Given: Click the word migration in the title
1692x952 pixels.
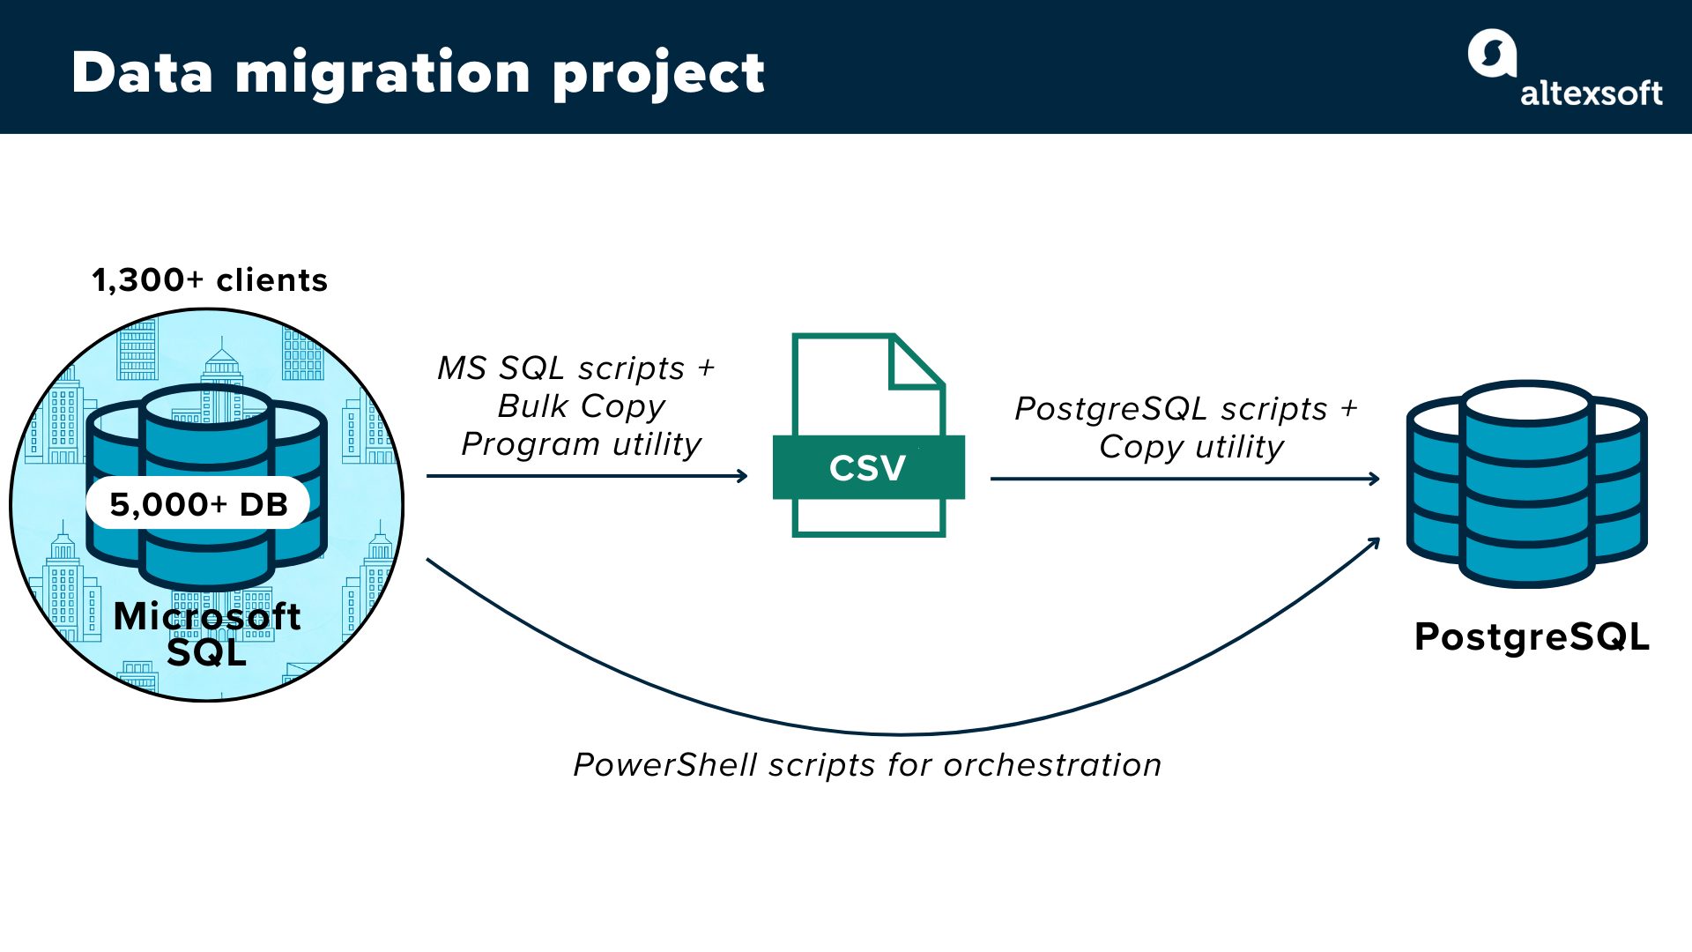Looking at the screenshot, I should pos(382,72).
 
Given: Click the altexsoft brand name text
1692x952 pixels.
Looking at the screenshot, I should pos(1591,93).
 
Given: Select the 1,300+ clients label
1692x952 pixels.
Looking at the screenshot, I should pos(210,280).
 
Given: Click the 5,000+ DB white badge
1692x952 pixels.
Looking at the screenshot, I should pos(198,504).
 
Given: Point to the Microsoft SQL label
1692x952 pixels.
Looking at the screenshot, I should pos(207,634).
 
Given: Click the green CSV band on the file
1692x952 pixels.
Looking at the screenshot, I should pos(868,467).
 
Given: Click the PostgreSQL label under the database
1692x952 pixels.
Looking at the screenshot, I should pos(1532,636).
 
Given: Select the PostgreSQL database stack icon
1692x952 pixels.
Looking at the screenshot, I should pos(1527,485).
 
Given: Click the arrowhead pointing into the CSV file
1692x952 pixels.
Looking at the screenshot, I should pos(743,476).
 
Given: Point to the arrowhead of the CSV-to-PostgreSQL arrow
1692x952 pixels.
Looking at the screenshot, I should pos(1375,479).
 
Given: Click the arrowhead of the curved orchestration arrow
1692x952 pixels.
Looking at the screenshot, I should pos(1374,543).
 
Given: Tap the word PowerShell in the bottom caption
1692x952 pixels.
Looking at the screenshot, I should pos(665,765).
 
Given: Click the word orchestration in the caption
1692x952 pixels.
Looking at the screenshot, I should pos(1052,765).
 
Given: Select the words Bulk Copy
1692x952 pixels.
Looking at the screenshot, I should pos(582,406).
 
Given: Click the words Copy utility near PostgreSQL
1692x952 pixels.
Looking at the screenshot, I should pos(1191,447).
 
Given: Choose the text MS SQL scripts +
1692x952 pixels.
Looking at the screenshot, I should pos(576,368).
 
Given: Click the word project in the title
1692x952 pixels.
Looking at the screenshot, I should pos(658,74).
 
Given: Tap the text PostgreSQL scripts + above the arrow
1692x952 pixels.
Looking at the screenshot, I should pos(1186,409).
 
